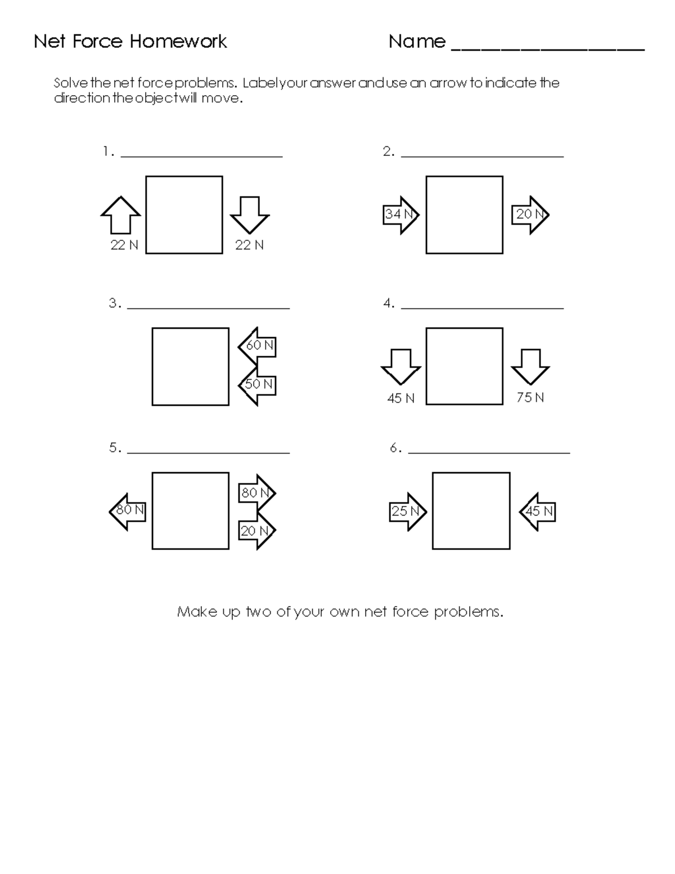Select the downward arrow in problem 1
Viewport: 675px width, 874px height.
(250, 214)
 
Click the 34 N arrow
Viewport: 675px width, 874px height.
(400, 215)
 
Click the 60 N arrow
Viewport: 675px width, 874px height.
(257, 346)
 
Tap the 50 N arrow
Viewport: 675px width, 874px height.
(257, 384)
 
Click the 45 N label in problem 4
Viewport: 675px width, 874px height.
(400, 398)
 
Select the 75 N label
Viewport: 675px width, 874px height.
(530, 398)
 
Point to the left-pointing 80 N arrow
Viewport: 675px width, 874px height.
(128, 511)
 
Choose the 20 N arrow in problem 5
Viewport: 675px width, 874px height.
(257, 531)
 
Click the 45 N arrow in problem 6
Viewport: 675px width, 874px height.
(538, 512)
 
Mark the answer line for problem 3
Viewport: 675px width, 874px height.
(208, 308)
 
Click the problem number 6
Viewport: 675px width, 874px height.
(395, 448)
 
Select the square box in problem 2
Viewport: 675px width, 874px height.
(464, 215)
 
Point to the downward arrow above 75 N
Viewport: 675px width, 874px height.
(530, 366)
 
